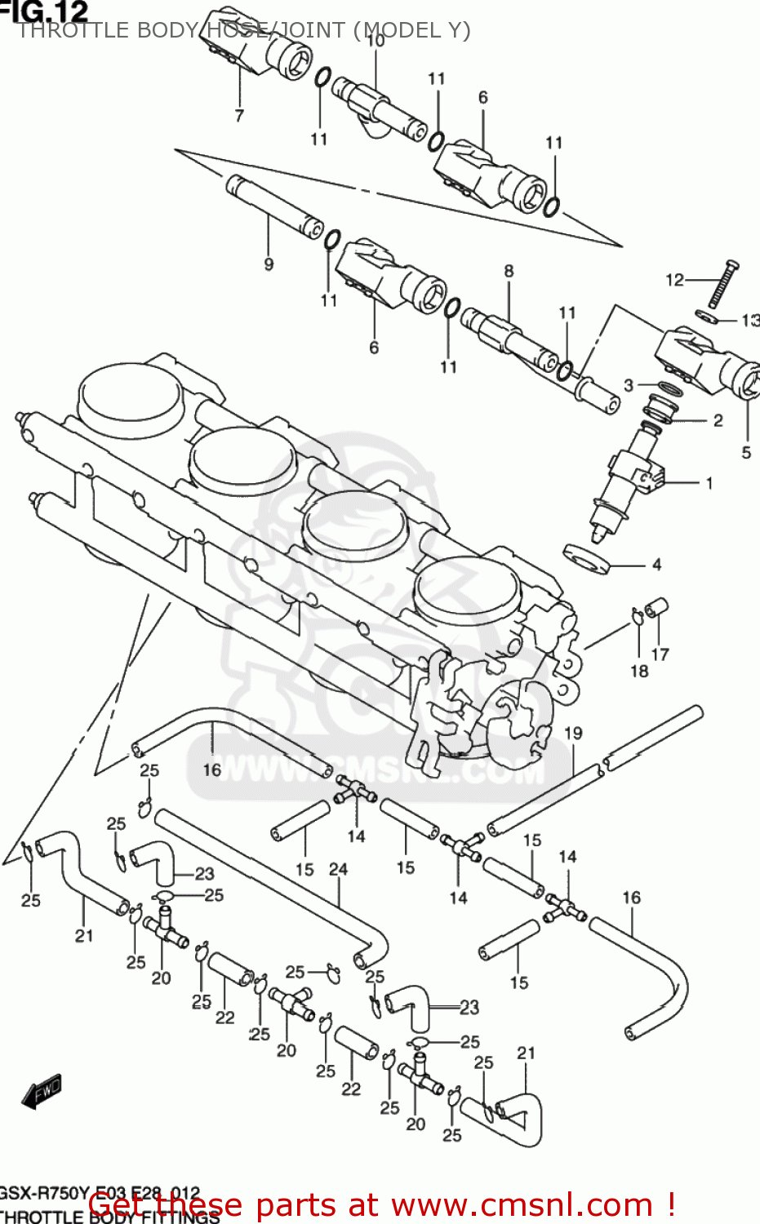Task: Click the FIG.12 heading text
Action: pyautogui.click(x=44, y=11)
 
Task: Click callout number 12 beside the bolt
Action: pyautogui.click(x=674, y=280)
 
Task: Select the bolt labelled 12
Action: pyautogui.click(x=722, y=284)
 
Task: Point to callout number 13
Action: pyautogui.click(x=749, y=321)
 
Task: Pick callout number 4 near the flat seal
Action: pyautogui.click(x=656, y=565)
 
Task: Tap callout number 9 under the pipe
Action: pyautogui.click(x=269, y=264)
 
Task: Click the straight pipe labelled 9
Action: pyautogui.click(x=274, y=207)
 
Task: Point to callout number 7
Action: pyautogui.click(x=239, y=115)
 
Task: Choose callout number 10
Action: pyautogui.click(x=376, y=40)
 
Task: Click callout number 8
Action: pyautogui.click(x=509, y=271)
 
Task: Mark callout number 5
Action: pyautogui.click(x=746, y=452)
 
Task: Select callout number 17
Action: pyautogui.click(x=660, y=654)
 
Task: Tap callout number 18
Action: pyautogui.click(x=639, y=671)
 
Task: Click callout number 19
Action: pyautogui.click(x=573, y=733)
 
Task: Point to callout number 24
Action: pyautogui.click(x=338, y=870)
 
